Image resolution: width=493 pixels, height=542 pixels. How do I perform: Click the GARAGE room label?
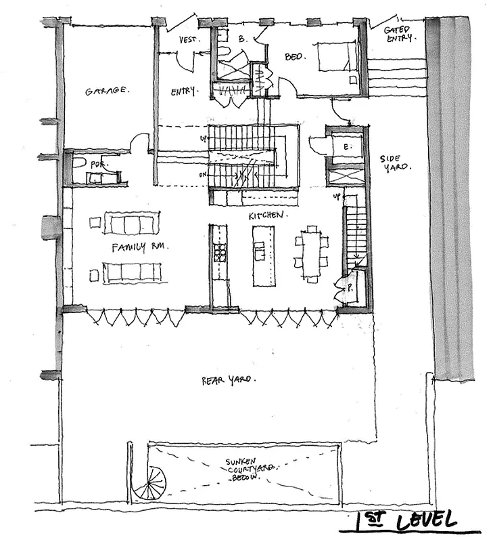(x=108, y=90)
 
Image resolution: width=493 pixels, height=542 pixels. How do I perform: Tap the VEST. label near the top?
(x=189, y=40)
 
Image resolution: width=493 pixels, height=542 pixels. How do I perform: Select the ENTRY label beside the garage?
(x=183, y=91)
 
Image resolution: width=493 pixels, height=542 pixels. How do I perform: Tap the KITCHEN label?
(x=268, y=215)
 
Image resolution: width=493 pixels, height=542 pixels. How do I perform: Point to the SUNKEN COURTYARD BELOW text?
(x=244, y=470)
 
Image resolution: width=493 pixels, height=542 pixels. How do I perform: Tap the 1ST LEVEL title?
(x=406, y=520)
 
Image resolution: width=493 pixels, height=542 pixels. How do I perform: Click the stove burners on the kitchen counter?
(x=220, y=253)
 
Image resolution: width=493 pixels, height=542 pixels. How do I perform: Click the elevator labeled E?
(x=344, y=147)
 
